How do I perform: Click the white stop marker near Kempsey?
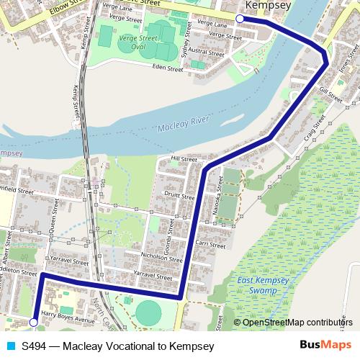[240, 19]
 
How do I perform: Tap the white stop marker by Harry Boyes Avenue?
[34, 323]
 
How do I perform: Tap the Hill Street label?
[184, 158]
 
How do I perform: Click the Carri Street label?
[211, 245]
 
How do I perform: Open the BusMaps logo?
[330, 346]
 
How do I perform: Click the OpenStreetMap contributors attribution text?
[297, 323]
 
